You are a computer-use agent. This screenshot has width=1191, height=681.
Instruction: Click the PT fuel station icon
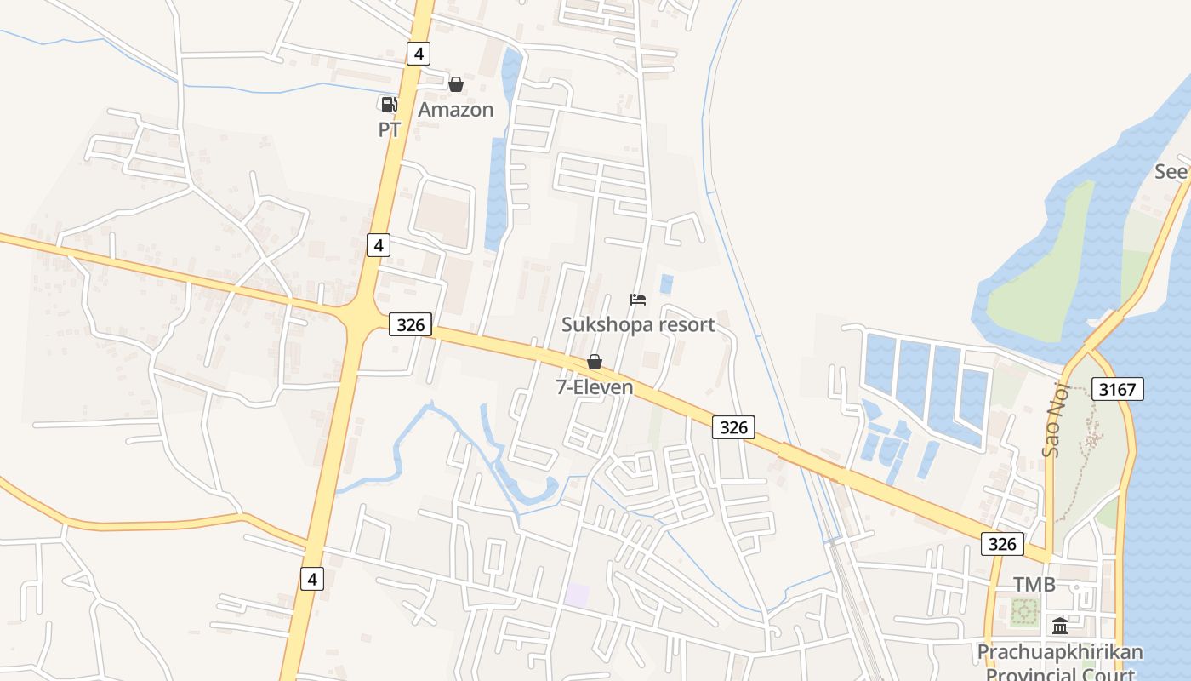tap(388, 105)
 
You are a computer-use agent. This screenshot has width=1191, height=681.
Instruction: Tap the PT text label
tap(390, 130)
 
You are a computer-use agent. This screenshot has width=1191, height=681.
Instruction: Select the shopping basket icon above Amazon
tap(456, 84)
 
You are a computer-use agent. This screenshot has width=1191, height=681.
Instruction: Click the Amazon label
tap(456, 110)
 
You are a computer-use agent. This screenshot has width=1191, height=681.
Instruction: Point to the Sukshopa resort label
tap(638, 324)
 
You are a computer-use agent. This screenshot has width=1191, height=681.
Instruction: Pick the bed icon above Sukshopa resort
tap(638, 299)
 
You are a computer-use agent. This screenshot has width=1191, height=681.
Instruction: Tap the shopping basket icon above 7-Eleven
tap(595, 362)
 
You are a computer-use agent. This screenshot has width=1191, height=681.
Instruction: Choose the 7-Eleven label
tap(595, 387)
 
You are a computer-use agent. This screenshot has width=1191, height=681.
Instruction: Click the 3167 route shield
tap(1117, 390)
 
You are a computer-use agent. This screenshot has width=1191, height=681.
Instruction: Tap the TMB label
tap(1034, 585)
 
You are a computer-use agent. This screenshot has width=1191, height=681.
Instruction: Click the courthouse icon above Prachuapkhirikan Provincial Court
tap(1060, 627)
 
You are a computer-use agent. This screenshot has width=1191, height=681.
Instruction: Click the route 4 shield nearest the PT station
tap(417, 54)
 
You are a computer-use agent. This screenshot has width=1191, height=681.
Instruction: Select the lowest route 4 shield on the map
tap(312, 579)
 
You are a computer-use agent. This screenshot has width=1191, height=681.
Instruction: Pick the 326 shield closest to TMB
tap(1002, 544)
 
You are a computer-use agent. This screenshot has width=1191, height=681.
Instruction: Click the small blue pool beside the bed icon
tap(666, 283)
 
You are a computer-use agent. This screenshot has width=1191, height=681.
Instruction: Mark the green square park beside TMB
tap(1025, 610)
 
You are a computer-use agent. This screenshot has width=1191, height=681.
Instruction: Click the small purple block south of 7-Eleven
tap(578, 595)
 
